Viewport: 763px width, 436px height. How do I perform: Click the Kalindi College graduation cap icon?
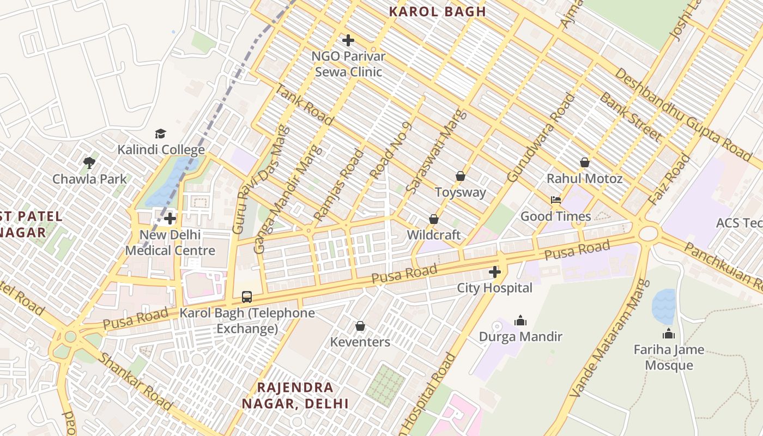(160, 134)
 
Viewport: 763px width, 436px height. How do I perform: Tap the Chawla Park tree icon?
(89, 162)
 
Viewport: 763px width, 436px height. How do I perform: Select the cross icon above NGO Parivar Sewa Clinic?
(348, 40)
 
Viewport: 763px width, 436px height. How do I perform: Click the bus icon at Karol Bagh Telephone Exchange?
(247, 297)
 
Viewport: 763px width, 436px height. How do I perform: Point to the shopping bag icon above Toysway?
(461, 176)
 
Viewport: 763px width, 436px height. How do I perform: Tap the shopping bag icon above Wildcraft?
(434, 219)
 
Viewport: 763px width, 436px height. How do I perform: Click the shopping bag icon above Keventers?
(360, 326)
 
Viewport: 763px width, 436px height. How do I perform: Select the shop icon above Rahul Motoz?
(585, 162)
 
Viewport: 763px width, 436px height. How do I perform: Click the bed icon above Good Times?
(556, 200)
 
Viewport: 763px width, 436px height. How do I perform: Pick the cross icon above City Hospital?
(495, 272)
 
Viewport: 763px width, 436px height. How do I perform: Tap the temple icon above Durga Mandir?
(520, 320)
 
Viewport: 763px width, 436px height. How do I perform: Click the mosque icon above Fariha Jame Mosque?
(669, 334)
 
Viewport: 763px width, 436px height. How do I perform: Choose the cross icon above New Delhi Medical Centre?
(170, 219)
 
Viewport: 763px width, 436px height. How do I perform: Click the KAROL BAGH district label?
(438, 11)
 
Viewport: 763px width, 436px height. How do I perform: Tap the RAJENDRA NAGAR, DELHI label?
(295, 396)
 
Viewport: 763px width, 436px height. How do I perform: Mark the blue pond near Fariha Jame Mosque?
(663, 306)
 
